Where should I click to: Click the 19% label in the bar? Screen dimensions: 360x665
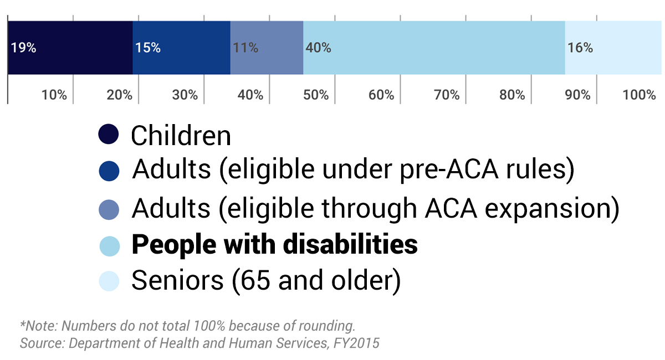(x=23, y=48)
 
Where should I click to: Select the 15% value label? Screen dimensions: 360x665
(x=147, y=48)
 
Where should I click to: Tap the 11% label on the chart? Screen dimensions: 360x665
(x=245, y=48)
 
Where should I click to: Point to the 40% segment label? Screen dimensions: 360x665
(x=318, y=48)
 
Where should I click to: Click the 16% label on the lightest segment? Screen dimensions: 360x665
(x=580, y=48)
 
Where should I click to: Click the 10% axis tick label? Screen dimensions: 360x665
(x=54, y=95)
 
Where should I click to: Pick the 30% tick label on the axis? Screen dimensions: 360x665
(x=185, y=95)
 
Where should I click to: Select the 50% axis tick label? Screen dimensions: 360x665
(x=316, y=95)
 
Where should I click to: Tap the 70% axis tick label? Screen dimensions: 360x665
(x=447, y=95)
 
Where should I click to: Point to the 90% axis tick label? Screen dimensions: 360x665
(x=577, y=95)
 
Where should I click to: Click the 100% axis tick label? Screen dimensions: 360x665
(x=639, y=95)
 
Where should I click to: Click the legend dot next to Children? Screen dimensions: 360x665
(x=109, y=135)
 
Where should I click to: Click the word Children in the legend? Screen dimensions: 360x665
(x=181, y=136)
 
